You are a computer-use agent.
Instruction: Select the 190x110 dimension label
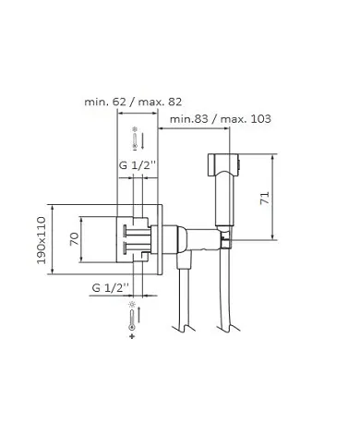click(x=42, y=240)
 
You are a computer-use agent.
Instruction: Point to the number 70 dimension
click(x=75, y=240)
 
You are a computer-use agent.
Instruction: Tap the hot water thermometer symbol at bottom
click(x=136, y=321)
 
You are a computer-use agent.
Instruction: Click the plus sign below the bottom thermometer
click(x=136, y=338)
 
